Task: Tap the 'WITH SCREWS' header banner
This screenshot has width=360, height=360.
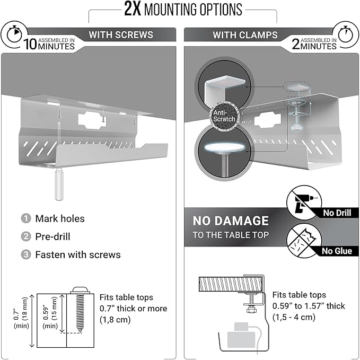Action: (121, 35)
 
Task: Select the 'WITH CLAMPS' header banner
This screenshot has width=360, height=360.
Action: (245, 35)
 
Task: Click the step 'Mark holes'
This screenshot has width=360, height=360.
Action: (59, 218)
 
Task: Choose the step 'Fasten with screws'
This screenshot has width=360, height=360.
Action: (77, 254)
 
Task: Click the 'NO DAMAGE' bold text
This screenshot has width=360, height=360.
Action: (231, 221)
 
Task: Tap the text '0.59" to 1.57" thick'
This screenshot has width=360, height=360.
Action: (309, 306)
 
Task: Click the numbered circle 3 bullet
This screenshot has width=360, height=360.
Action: (25, 254)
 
